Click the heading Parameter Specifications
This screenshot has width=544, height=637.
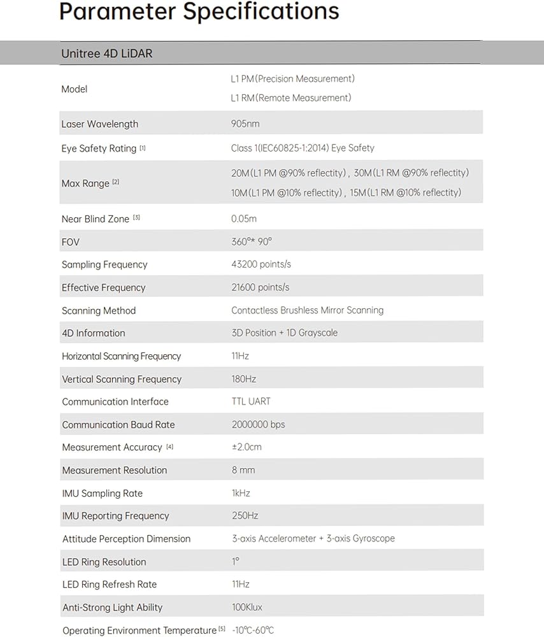[x=199, y=12]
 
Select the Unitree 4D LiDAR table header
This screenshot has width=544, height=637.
[x=106, y=54]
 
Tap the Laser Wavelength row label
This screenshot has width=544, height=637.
[x=99, y=124]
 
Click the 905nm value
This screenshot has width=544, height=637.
[x=245, y=124]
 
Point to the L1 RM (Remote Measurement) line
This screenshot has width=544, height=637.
[x=290, y=97]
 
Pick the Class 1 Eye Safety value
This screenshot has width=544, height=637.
[x=303, y=148]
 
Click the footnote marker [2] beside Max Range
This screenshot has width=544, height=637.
[x=116, y=182]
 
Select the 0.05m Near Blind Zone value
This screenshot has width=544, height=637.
[x=244, y=218]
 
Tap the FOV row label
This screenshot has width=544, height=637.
[x=71, y=242]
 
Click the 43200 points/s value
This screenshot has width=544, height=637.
[x=261, y=264]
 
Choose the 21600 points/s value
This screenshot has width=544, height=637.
[x=260, y=287]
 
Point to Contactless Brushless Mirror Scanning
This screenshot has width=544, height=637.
[x=307, y=310]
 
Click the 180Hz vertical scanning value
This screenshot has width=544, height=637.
[x=243, y=379]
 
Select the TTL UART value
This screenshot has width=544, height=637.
[x=251, y=401]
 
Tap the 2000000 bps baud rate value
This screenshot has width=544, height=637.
[x=258, y=424]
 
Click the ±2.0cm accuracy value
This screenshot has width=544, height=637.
[x=247, y=447]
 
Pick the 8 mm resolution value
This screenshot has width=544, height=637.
[x=243, y=470]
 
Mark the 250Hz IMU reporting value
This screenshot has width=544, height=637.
[x=245, y=515]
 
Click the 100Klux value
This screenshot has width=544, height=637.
[x=247, y=607]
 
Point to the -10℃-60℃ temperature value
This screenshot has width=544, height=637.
[x=253, y=630]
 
